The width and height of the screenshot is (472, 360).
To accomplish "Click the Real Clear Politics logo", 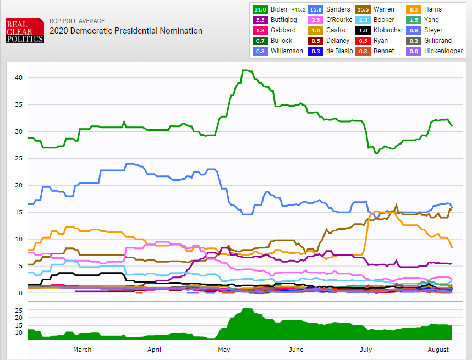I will [x=25, y=31].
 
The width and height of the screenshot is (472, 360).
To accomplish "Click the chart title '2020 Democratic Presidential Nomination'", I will [x=125, y=31].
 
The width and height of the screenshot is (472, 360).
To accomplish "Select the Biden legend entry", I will [x=278, y=9].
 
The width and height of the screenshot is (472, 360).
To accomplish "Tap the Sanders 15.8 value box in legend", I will [x=315, y=9].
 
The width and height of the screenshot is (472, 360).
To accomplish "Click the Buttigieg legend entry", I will [x=284, y=20].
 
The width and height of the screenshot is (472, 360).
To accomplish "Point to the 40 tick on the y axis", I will [x=19, y=77].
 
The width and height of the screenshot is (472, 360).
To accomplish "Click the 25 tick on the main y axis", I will [x=19, y=158].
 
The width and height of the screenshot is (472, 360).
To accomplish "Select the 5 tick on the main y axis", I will [x=20, y=266].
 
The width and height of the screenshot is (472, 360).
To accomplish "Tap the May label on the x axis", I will [x=224, y=350].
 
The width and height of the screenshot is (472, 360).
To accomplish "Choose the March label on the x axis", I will [x=82, y=350].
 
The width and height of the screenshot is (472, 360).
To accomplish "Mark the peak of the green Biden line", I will [x=245, y=70].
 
